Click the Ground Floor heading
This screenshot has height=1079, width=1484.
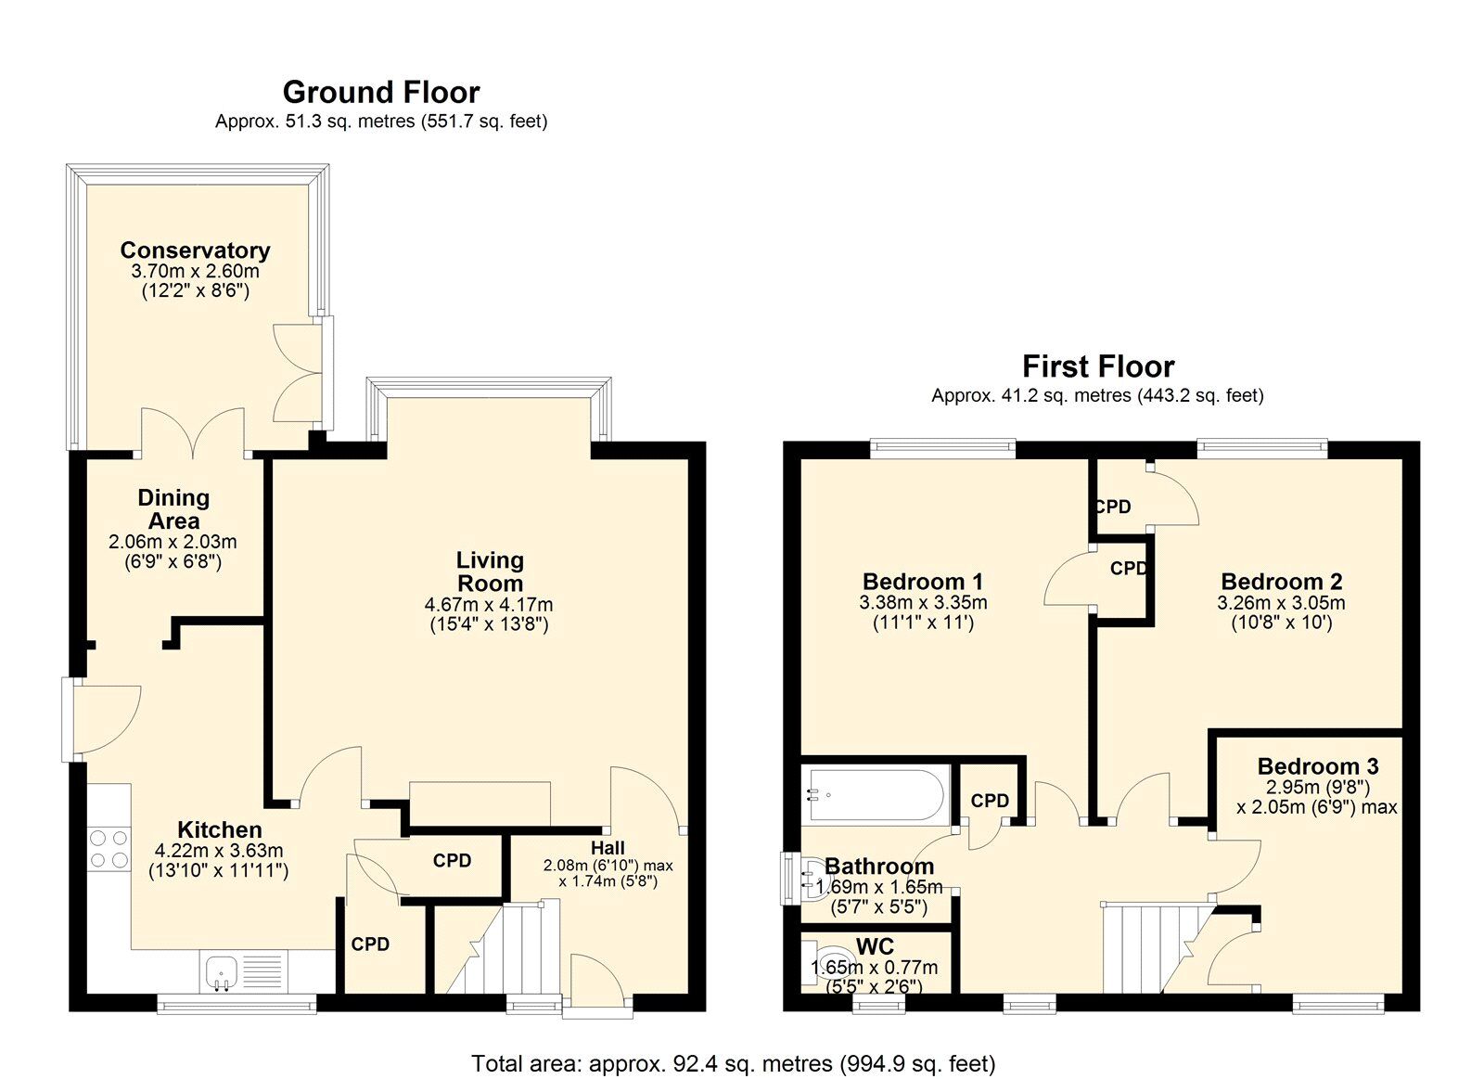(381, 93)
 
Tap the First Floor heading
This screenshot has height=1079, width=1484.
(1098, 366)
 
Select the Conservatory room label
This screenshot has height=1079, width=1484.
(196, 250)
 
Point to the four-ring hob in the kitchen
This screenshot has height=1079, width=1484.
(109, 849)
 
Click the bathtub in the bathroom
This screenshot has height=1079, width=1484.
(876, 795)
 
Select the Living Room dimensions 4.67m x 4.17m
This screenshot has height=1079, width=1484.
(489, 605)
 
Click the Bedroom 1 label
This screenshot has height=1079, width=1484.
(923, 582)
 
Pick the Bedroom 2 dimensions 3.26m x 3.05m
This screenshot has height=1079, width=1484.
(1281, 602)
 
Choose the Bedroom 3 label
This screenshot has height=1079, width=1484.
(1318, 766)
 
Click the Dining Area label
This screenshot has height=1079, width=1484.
(173, 509)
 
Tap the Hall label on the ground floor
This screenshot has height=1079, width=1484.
(608, 848)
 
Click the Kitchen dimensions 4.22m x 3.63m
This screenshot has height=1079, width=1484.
(219, 851)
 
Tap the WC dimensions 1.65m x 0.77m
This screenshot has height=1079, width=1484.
(874, 968)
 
